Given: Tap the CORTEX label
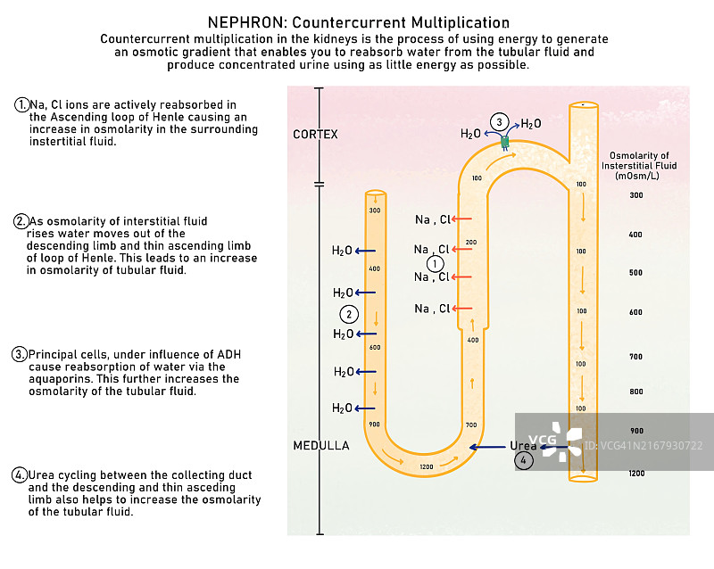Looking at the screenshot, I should (x=316, y=135).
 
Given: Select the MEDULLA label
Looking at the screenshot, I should (x=321, y=445).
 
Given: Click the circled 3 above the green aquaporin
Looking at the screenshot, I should (x=501, y=122).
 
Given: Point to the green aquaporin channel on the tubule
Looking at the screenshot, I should (x=504, y=142).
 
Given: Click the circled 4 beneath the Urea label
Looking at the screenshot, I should (x=525, y=460).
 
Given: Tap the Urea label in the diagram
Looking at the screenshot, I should (x=523, y=446).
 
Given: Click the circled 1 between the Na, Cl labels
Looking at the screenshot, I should (x=435, y=264).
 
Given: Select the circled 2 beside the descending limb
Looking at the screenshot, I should (x=350, y=314).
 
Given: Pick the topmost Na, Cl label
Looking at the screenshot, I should (x=433, y=219).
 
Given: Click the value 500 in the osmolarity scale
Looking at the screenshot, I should (x=635, y=273).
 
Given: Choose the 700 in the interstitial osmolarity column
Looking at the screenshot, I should (x=635, y=357).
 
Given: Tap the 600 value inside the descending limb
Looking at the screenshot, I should (x=375, y=348).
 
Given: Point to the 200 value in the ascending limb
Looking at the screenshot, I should (x=471, y=243).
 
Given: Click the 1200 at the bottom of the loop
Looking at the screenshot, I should (x=426, y=467).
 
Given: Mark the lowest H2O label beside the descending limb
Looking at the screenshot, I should (x=342, y=408).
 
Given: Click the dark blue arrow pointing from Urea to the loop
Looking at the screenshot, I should (x=489, y=447).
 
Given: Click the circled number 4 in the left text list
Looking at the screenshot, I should (x=20, y=474).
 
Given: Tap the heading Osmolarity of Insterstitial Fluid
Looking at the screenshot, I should (x=638, y=166).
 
